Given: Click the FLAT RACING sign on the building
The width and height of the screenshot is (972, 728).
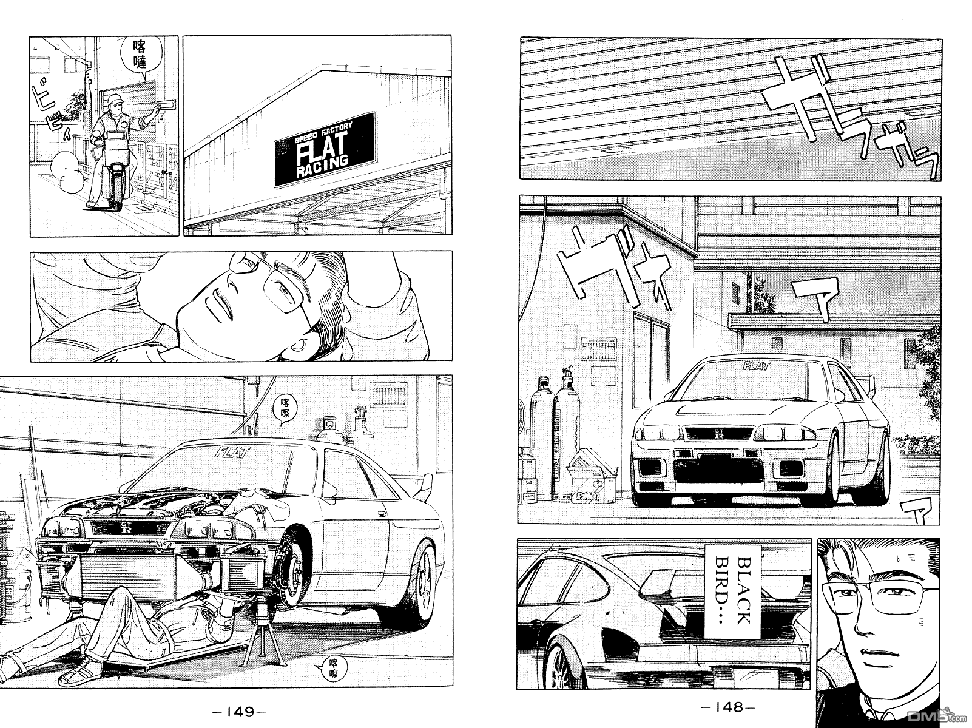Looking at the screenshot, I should click(325, 149).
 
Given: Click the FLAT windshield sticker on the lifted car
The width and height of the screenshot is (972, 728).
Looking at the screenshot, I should click(228, 450).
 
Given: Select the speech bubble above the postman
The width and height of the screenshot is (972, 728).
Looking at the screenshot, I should click(141, 56).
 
